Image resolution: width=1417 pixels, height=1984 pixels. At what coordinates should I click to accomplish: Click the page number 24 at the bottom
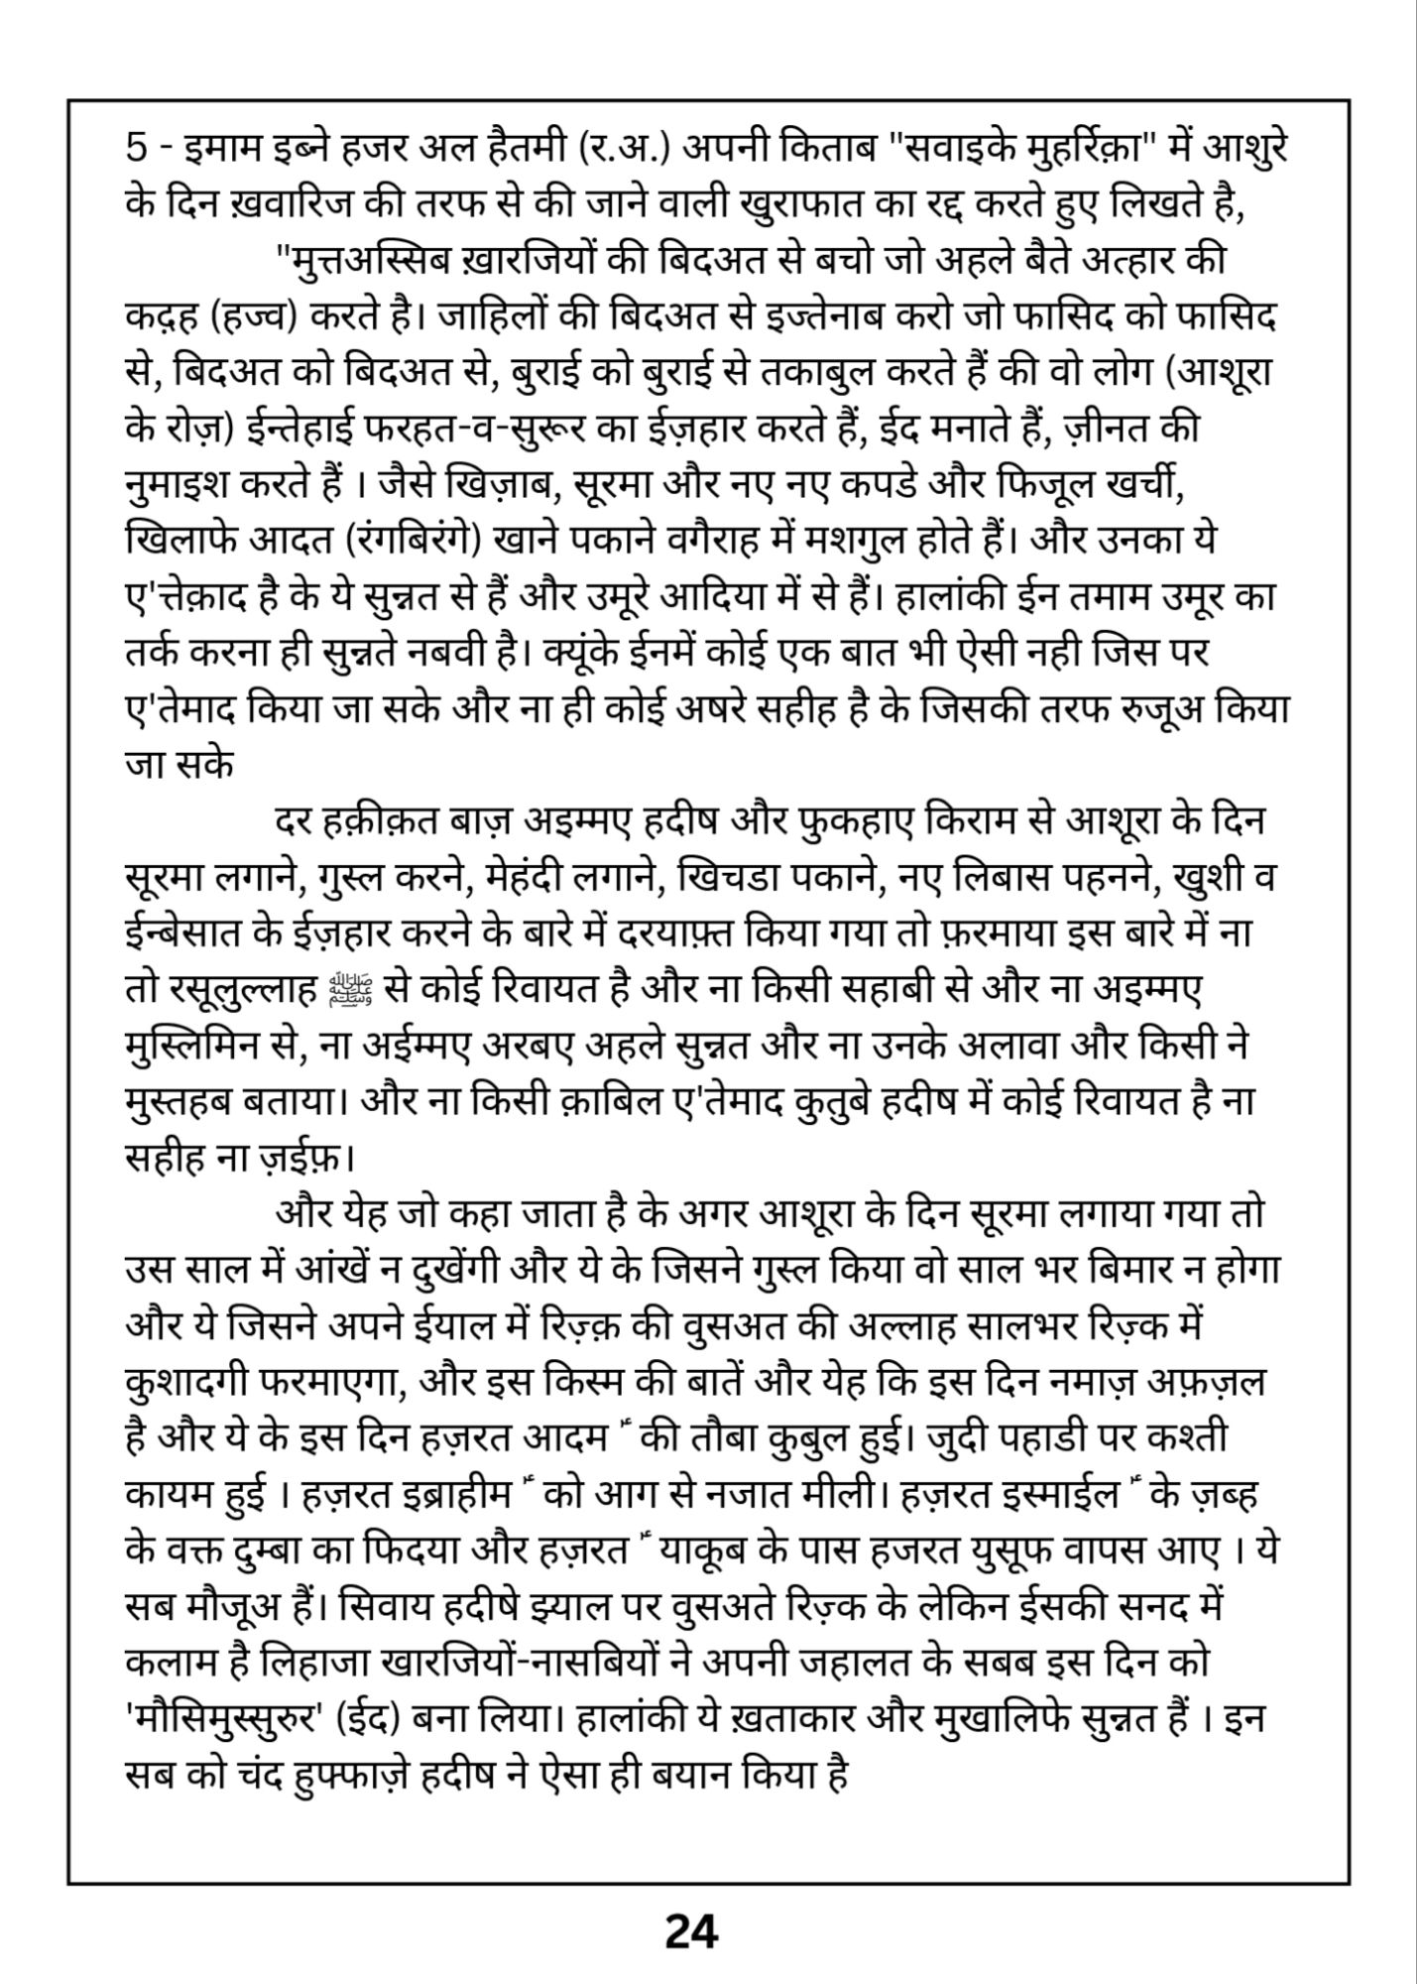[x=691, y=1931]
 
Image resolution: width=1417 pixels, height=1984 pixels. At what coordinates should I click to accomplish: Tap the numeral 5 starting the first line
[x=137, y=149]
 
